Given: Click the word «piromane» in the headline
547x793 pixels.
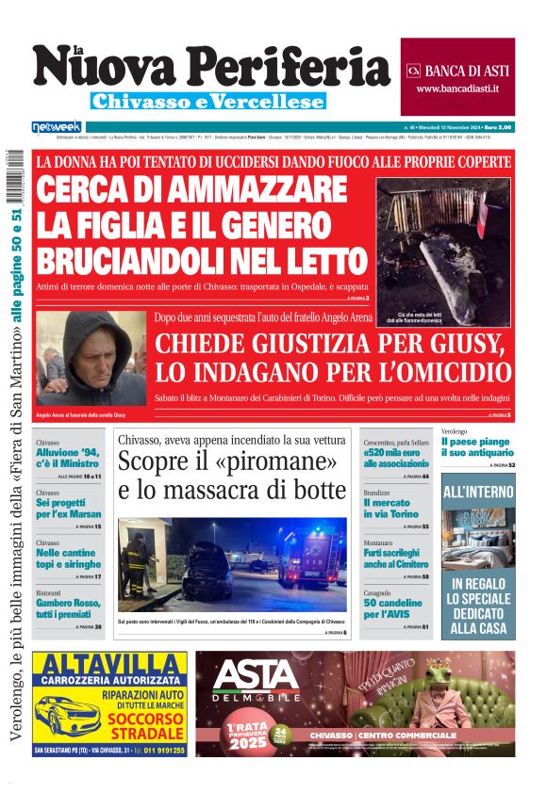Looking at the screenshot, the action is pyautogui.click(x=287, y=462).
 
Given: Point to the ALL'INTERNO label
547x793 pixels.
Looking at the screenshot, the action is pyautogui.click(x=478, y=492).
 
